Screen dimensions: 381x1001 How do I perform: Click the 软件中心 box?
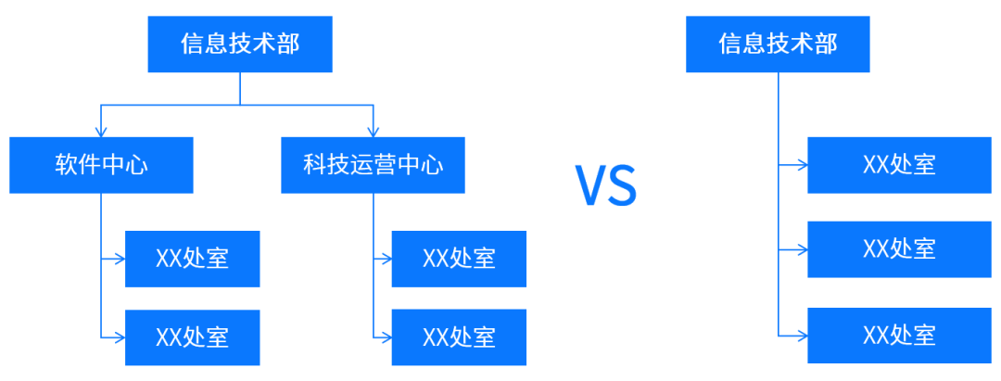[101, 165]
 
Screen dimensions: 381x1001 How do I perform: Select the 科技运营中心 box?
[373, 165]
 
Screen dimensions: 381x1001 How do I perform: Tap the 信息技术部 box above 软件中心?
[240, 44]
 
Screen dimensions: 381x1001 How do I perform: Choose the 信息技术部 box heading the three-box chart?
[778, 44]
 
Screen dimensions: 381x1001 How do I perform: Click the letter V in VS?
[591, 184]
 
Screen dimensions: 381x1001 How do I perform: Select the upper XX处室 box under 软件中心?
[192, 259]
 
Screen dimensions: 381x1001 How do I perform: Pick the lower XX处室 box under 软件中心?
[192, 337]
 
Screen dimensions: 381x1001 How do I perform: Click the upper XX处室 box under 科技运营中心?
[459, 259]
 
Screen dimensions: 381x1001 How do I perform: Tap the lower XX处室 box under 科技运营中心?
[459, 337]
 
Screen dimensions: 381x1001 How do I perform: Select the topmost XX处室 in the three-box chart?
[899, 165]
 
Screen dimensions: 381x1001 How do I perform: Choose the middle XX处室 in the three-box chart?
[899, 248]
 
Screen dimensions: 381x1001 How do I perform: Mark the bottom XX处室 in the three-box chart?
[899, 335]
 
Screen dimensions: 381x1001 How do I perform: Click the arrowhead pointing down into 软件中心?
[101, 132]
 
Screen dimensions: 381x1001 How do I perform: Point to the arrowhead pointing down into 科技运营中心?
[374, 132]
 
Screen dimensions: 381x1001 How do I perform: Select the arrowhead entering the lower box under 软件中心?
[120, 337]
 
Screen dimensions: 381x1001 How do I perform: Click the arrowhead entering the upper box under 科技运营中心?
[386, 259]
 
